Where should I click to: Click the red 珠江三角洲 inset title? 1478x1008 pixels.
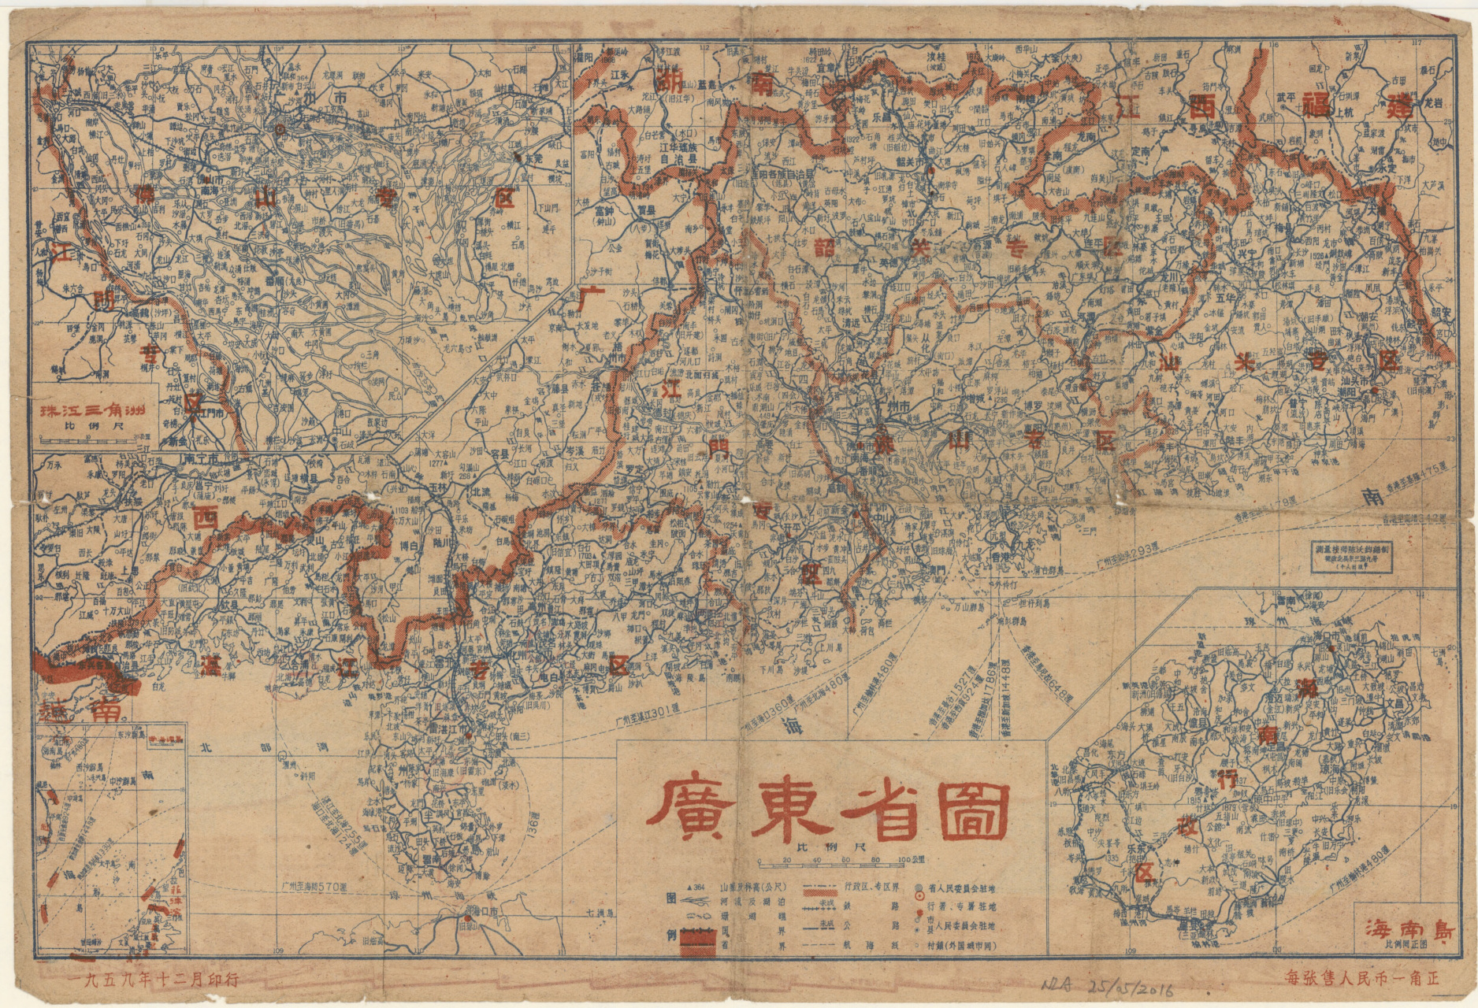[x=91, y=410]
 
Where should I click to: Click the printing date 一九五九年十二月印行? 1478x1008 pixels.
[x=154, y=980]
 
